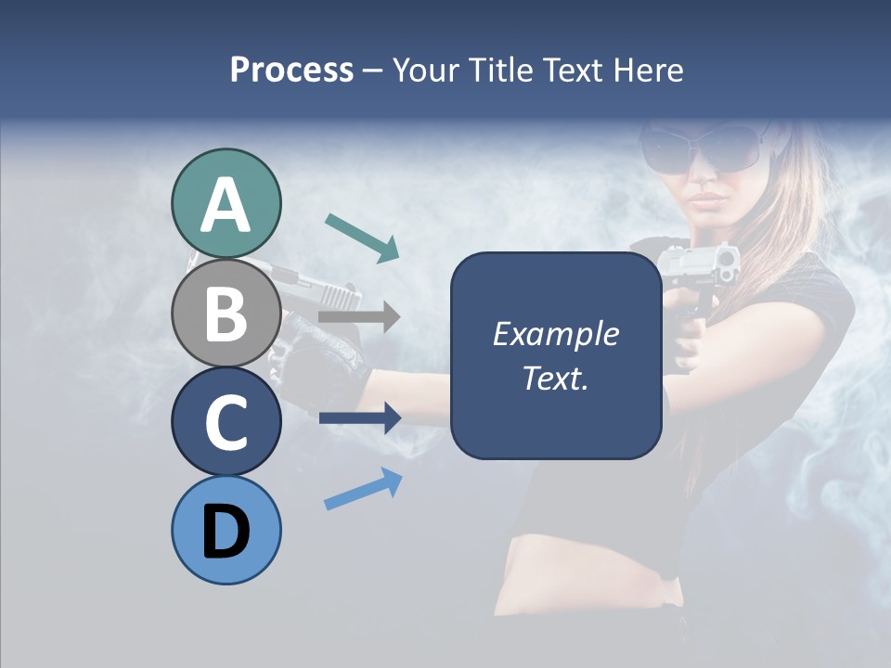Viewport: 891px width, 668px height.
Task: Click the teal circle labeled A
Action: point(226,203)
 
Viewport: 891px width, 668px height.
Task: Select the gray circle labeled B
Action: point(226,313)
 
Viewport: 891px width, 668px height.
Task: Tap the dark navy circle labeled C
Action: point(226,421)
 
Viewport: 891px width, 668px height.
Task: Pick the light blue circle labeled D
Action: point(226,530)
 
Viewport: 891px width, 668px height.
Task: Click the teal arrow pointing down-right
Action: point(361,237)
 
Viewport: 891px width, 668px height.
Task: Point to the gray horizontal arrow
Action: point(359,317)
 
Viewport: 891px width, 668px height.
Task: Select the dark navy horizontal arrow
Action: point(359,418)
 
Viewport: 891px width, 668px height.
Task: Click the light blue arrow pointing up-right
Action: point(362,489)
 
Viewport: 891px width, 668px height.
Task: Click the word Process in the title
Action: point(291,70)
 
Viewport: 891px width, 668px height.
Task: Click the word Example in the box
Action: point(555,334)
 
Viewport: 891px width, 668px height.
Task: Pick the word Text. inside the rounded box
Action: point(555,379)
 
